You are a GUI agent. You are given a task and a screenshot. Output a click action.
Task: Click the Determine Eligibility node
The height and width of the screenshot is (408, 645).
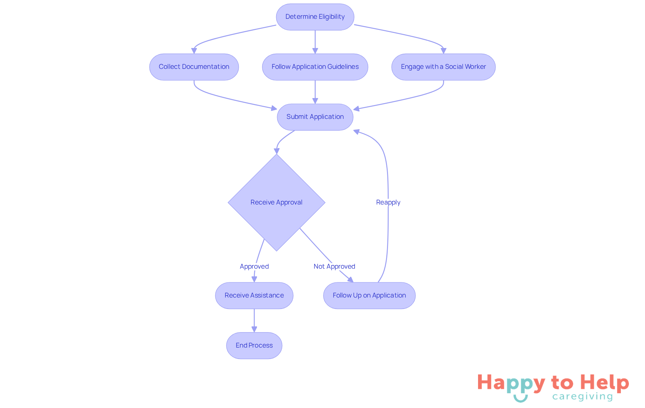tap(315, 17)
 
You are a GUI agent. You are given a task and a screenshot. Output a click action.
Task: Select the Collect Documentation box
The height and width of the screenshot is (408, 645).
tap(194, 67)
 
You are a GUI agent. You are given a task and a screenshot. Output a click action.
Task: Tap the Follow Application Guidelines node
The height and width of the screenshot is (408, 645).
tap(315, 67)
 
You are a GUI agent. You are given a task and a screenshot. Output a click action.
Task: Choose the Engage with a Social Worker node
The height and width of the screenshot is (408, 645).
tap(443, 67)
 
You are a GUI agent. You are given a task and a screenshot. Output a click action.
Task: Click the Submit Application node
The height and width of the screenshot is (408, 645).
tap(315, 117)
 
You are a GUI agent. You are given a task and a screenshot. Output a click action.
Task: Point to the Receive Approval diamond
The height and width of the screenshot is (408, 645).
tap(276, 202)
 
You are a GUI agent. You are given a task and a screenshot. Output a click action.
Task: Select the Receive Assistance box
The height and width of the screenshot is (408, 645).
tap(254, 296)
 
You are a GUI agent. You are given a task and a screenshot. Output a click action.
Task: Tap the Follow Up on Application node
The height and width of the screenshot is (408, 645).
tap(369, 296)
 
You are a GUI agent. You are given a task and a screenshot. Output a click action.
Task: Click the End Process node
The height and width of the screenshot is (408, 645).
tap(254, 346)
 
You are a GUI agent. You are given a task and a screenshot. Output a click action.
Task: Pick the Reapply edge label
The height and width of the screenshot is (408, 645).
tap(388, 202)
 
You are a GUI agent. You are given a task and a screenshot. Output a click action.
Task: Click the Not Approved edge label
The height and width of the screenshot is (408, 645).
tap(334, 267)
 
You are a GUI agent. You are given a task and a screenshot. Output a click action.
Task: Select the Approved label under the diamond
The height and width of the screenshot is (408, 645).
tap(254, 267)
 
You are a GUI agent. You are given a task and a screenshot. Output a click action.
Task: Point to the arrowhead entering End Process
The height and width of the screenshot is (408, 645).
tap(254, 329)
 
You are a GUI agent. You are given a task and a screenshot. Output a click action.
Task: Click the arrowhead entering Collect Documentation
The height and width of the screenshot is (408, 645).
tap(194, 51)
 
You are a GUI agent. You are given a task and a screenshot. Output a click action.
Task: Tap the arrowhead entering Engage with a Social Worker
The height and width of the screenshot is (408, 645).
tap(443, 51)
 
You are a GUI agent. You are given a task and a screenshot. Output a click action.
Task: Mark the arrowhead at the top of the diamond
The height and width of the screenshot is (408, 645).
tap(276, 151)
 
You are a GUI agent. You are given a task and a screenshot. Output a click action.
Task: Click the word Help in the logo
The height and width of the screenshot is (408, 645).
tap(605, 383)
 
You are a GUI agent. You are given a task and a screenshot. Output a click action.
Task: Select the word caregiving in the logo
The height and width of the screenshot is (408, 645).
tap(583, 397)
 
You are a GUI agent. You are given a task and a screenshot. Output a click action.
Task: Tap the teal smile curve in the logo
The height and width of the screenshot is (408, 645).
tap(520, 399)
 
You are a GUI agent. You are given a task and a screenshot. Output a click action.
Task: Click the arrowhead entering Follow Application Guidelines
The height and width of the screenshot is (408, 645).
tap(315, 51)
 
